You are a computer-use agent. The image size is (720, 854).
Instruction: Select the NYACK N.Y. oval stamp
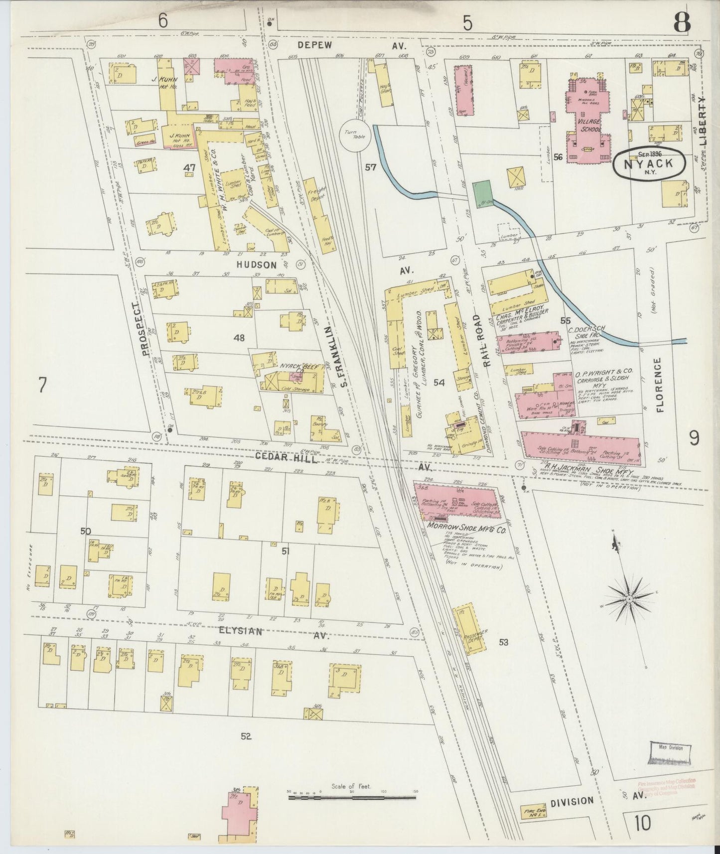pos(648,163)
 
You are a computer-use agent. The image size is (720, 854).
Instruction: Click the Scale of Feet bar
pos(352,797)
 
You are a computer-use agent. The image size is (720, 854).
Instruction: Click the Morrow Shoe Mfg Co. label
pos(467,531)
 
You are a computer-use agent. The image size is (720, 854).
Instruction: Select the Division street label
pos(572,801)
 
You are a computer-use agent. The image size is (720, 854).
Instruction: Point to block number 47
pos(189,168)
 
